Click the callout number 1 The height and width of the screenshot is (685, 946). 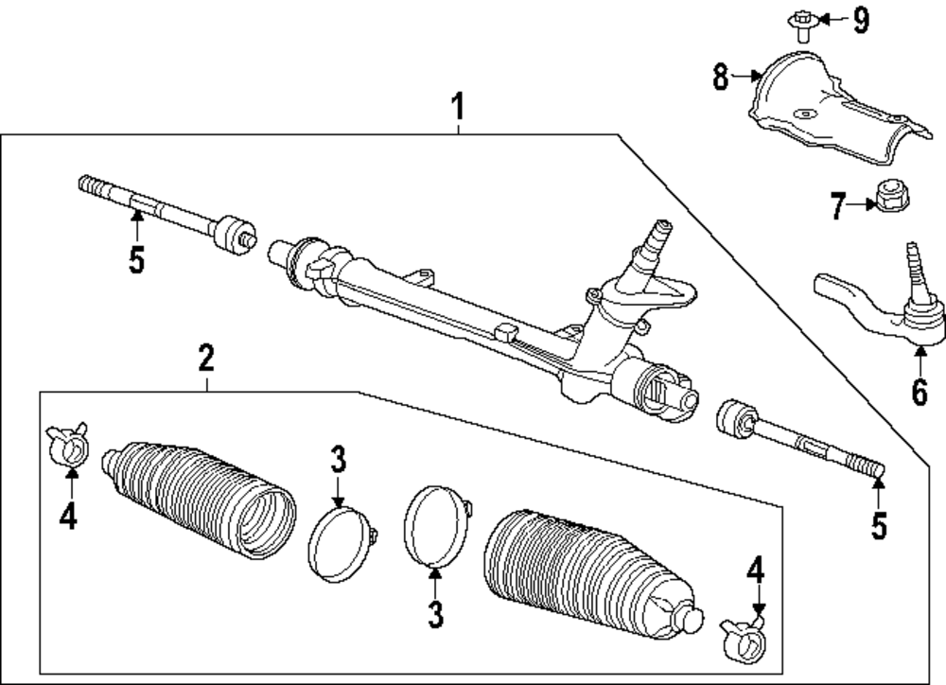[458, 106]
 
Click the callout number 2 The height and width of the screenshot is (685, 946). [206, 358]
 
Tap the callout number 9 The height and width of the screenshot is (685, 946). [862, 20]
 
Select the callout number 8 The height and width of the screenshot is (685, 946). [720, 77]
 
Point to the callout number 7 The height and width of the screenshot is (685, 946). [837, 206]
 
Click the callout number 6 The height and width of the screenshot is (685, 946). [919, 393]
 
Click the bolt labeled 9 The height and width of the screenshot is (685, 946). [801, 27]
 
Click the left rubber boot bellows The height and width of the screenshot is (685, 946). [199, 501]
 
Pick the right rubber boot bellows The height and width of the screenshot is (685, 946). [594, 574]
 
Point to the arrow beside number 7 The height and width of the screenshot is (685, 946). [862, 205]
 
